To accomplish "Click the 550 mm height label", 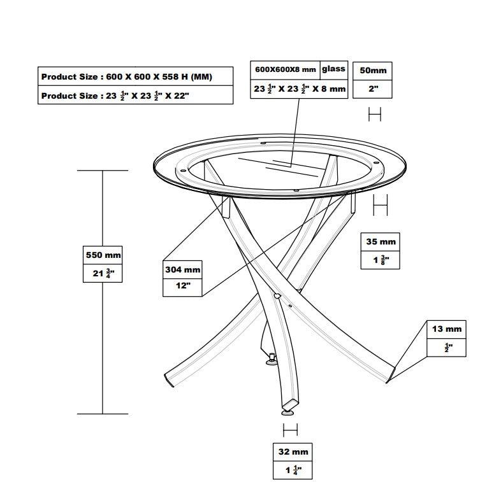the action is pos(103,255).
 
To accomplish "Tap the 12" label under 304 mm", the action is pos(183,286).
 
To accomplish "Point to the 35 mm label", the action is pos(381,241).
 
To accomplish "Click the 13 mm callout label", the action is pos(447,329).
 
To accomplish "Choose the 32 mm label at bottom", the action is pos(293,452).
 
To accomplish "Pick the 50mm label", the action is pos(373,71).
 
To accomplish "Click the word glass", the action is pos(333,69).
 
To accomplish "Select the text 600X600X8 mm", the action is pos(286,69).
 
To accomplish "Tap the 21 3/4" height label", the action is pos(103,273).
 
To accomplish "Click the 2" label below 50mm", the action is pos(374,89).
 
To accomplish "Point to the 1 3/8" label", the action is pos(381,260).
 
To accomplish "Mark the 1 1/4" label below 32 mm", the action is pos(293,470).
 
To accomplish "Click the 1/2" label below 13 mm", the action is pos(448,348).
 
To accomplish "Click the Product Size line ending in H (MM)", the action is pos(127,77).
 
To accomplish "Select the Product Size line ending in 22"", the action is pos(115,96).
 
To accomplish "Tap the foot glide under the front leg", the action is pos(287,412).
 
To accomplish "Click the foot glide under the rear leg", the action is pos(272,362).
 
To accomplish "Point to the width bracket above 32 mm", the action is pos(290,430).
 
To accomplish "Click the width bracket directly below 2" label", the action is pos(375,114).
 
